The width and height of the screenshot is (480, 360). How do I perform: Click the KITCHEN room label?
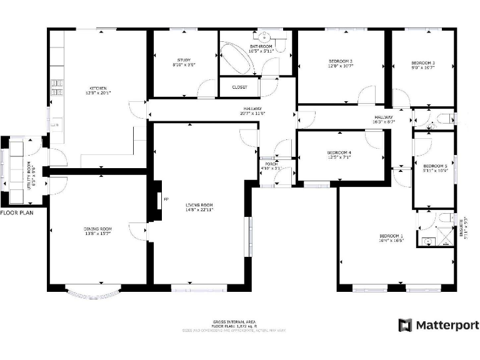click(98, 88)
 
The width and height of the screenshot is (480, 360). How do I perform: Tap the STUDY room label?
click(184, 60)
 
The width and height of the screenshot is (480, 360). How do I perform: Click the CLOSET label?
click(240, 87)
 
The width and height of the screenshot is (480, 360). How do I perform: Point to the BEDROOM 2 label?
click(341, 61)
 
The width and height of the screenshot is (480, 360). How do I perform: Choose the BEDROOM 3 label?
click(422, 63)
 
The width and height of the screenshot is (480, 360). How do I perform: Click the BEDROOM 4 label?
click(339, 152)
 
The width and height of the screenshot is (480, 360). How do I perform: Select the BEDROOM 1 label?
click(391, 236)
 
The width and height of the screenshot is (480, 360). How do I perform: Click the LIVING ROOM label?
click(199, 205)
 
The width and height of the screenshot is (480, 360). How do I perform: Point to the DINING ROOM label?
click(97, 229)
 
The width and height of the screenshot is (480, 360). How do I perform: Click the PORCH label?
click(266, 164)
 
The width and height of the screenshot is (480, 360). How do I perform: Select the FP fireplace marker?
click(166, 199)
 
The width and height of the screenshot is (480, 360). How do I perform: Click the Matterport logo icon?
click(406, 325)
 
